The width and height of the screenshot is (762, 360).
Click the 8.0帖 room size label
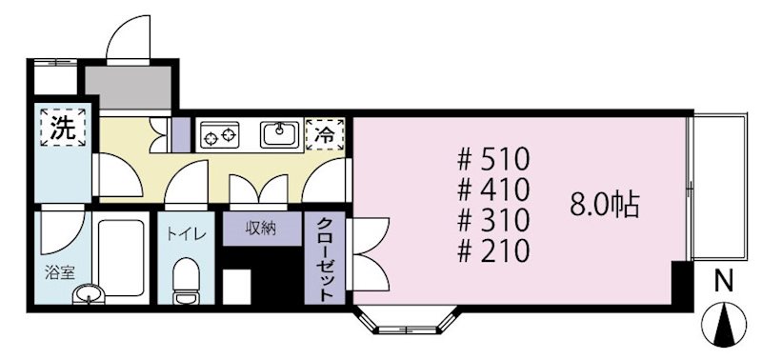(x=604, y=205)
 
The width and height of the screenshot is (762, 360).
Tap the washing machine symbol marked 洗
(x=63, y=128)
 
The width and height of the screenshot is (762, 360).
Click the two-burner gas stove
(x=220, y=135)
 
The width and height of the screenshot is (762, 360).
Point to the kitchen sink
(x=280, y=134)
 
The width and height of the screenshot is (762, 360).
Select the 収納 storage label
(x=261, y=229)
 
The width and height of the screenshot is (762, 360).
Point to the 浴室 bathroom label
(x=59, y=272)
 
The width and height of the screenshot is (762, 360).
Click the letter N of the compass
(x=724, y=281)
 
